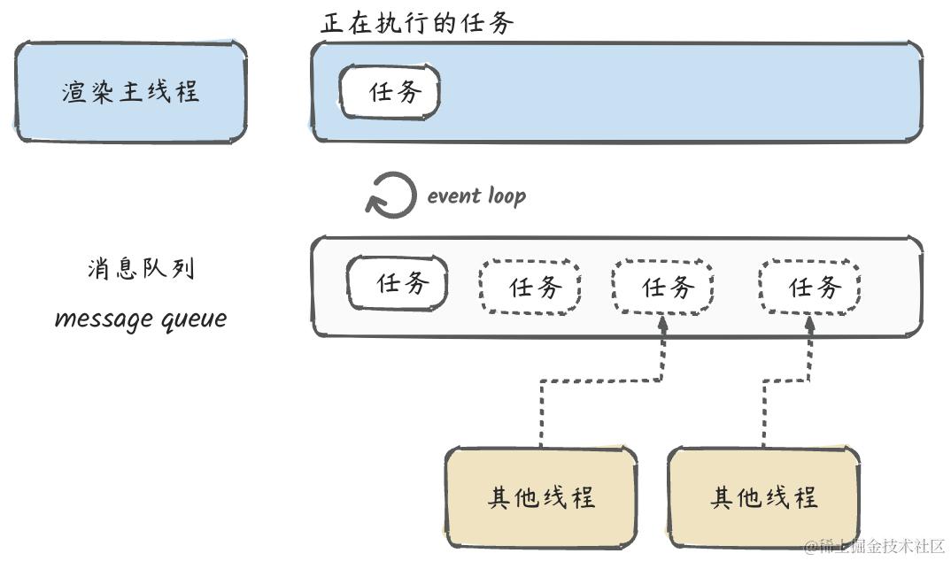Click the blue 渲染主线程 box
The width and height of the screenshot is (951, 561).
(x=130, y=91)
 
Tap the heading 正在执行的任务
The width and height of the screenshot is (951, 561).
(x=417, y=23)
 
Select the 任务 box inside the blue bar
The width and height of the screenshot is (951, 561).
(x=390, y=91)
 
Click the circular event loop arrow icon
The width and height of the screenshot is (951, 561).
(x=390, y=195)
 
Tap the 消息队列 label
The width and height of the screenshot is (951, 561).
(x=141, y=268)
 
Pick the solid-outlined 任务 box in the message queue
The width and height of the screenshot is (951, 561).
(x=398, y=283)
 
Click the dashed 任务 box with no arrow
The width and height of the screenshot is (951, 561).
(x=530, y=287)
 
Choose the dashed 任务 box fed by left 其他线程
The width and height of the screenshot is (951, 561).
(x=663, y=287)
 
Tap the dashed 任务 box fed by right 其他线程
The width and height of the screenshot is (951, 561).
(x=809, y=287)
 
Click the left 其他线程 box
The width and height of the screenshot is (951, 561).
(x=541, y=497)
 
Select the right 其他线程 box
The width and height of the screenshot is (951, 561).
(x=764, y=497)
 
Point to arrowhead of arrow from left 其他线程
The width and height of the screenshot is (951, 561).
(x=663, y=324)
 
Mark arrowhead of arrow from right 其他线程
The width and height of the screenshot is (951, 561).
(x=809, y=324)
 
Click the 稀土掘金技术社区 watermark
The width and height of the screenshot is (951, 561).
(x=875, y=546)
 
